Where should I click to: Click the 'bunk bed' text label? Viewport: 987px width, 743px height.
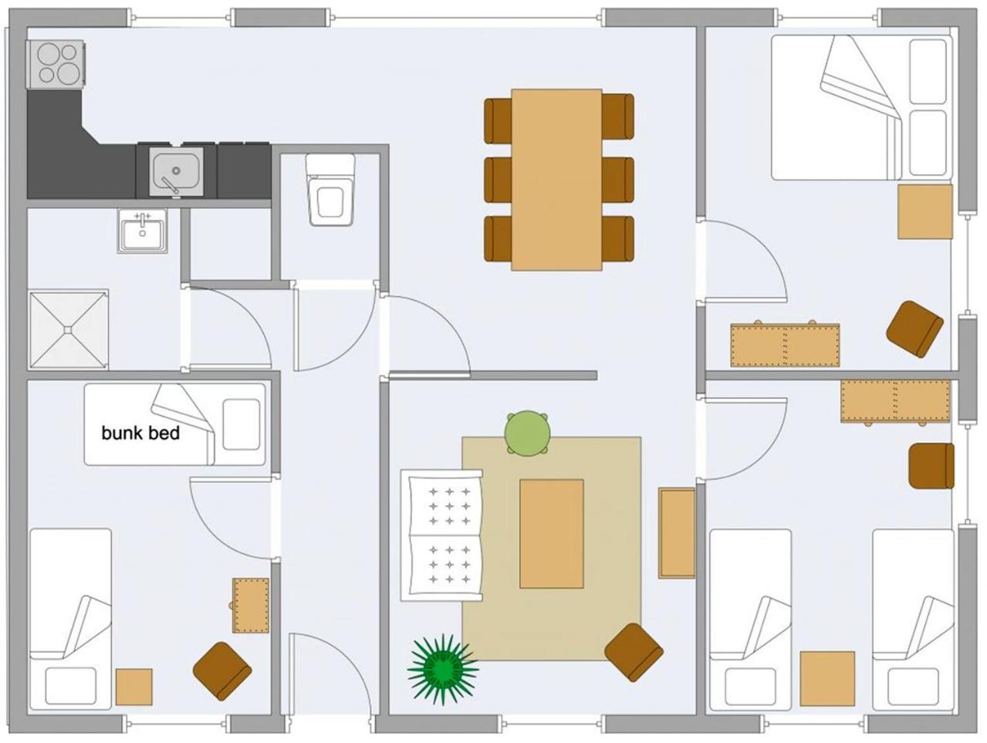(x=140, y=434)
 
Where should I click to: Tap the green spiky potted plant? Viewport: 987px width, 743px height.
(x=443, y=669)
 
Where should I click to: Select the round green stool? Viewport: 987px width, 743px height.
(x=527, y=434)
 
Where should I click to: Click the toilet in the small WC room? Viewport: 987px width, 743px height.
(x=330, y=190)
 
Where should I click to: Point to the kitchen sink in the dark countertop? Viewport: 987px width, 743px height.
(x=176, y=172)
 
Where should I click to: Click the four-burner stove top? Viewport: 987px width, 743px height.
(x=56, y=64)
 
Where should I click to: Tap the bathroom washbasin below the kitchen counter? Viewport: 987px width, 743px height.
(x=143, y=231)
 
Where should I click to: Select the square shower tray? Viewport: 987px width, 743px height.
(x=69, y=330)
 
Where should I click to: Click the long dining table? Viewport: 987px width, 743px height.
(x=556, y=180)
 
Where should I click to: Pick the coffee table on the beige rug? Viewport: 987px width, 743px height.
(x=552, y=534)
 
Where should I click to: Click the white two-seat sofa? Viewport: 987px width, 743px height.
(x=441, y=535)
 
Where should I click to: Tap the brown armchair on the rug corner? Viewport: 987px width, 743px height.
(x=634, y=652)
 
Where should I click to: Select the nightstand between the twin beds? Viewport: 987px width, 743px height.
(x=827, y=679)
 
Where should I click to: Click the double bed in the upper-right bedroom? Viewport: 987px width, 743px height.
(x=862, y=108)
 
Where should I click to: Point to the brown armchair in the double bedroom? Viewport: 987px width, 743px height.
(x=914, y=329)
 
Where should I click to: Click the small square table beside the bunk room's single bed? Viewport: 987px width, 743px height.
(x=134, y=687)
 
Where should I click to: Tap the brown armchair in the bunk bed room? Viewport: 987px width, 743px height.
(x=222, y=671)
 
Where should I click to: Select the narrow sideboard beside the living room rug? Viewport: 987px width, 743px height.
(x=677, y=533)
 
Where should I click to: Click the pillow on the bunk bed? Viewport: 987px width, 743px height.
(x=242, y=424)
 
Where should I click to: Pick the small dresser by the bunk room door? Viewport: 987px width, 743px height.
(x=251, y=606)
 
